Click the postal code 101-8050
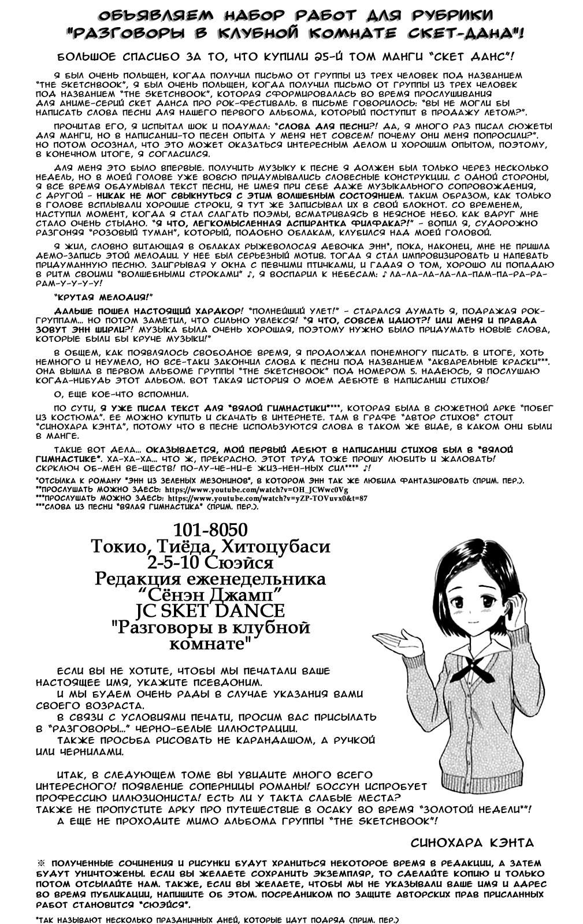point(210,530)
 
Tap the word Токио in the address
point(119,546)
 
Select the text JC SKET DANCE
point(210,610)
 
